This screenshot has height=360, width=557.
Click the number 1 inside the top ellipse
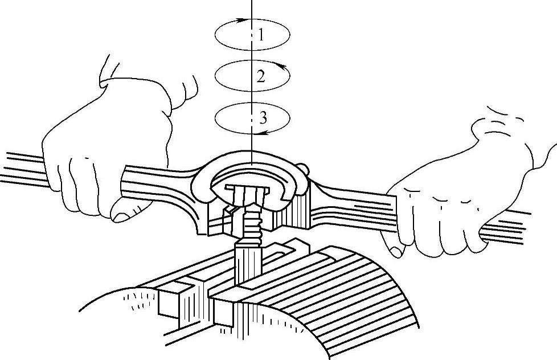(261, 35)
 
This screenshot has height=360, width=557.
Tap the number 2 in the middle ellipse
(261, 76)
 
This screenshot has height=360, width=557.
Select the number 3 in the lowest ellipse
(263, 118)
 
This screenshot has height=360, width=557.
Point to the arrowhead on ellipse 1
(243, 20)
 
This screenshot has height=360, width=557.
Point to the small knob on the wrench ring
(305, 169)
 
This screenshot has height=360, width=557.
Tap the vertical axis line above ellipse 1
(252, 9)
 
